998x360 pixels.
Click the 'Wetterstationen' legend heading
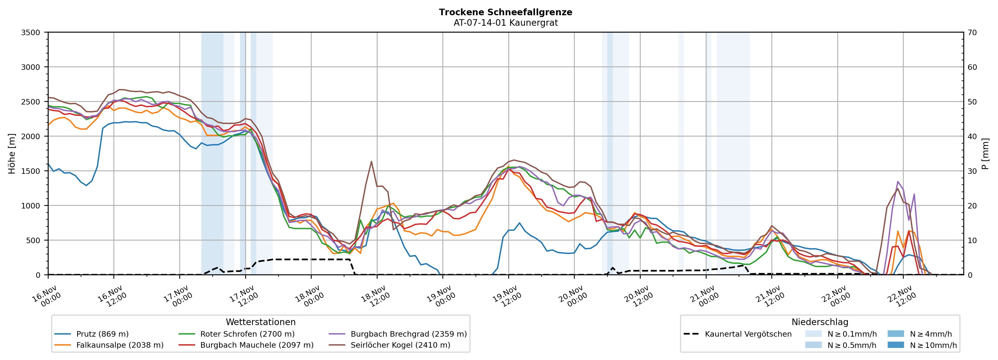(x=260, y=322)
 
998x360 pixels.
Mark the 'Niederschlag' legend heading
(x=820, y=322)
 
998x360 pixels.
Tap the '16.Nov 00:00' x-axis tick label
(x=46, y=297)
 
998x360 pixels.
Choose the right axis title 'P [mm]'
(x=985, y=153)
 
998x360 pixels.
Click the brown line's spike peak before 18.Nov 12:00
(x=371, y=161)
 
